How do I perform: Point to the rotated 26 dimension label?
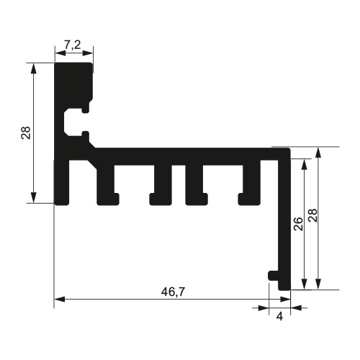tap(297, 223)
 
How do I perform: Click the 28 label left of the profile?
tap(26, 132)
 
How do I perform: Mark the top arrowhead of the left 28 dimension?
tap(33, 67)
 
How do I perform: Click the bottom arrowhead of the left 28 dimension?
tap(33, 199)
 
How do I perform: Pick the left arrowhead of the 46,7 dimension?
tap(60, 298)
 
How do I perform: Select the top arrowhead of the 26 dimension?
tap(305, 163)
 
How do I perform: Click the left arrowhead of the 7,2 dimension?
tap(59, 52)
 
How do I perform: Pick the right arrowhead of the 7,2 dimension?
tap(90, 52)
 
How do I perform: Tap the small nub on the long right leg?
tap(272, 275)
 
